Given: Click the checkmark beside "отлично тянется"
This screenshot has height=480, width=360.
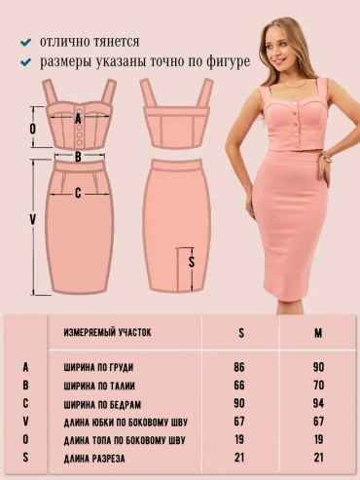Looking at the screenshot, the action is pyautogui.click(x=25, y=42).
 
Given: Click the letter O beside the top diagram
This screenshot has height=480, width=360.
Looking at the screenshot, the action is pyautogui.click(x=33, y=129).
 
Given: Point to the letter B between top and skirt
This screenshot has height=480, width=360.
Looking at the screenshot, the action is pyautogui.click(x=78, y=157).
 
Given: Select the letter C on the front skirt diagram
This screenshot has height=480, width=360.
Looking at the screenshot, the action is pyautogui.click(x=78, y=193).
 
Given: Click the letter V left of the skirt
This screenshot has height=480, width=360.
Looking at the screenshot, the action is pyautogui.click(x=32, y=219).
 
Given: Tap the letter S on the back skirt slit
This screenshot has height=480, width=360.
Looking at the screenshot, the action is pyautogui.click(x=192, y=262).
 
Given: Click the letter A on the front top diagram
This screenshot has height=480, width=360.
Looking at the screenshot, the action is pyautogui.click(x=78, y=119).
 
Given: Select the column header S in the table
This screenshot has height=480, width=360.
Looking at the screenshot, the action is pyautogui.click(x=241, y=333).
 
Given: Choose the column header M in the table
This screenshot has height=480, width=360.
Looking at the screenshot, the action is pyautogui.click(x=318, y=333).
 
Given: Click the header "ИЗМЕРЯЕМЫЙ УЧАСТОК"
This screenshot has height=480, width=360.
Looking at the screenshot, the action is pyautogui.click(x=107, y=332).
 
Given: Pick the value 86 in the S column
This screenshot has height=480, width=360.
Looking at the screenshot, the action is pyautogui.click(x=239, y=367).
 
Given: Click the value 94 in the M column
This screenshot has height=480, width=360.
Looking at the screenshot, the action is pyautogui.click(x=318, y=403).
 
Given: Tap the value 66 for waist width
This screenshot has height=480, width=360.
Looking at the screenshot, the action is pyautogui.click(x=239, y=386).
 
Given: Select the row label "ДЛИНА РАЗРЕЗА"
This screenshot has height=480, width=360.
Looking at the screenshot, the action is pyautogui.click(x=94, y=459).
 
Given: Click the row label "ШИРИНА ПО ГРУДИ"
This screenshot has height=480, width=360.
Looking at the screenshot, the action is pyautogui.click(x=98, y=368).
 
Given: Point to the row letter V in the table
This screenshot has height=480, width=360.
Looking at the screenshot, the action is pyautogui.click(x=26, y=422).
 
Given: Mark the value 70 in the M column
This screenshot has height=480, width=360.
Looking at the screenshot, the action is pyautogui.click(x=318, y=386).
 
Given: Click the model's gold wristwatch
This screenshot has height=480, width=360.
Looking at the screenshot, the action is pyautogui.click(x=327, y=160).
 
